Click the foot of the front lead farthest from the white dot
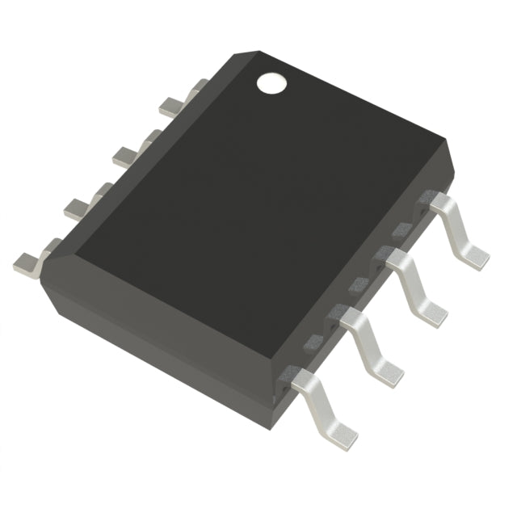(x=339, y=434)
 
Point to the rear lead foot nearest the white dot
(x=171, y=105)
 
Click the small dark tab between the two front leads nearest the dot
(x=401, y=230)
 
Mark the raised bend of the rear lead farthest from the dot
(x=50, y=245)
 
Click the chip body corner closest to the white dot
(x=242, y=54)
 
